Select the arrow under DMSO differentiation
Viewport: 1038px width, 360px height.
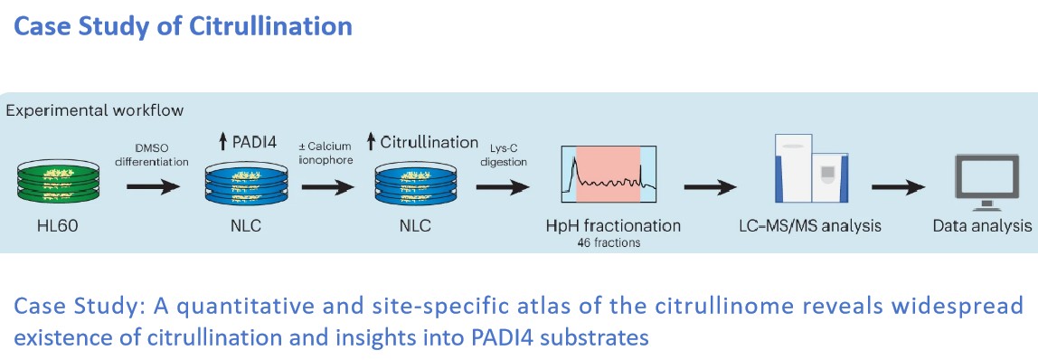pyautogui.click(x=153, y=187)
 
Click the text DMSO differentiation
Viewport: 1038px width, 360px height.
pyautogui.click(x=153, y=154)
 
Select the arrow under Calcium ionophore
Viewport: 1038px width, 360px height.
pyautogui.click(x=327, y=187)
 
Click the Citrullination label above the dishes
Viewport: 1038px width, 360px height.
pyautogui.click(x=422, y=142)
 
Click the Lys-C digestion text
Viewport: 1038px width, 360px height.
pyautogui.click(x=505, y=154)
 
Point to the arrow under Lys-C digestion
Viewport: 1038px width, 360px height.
pyautogui.click(x=503, y=187)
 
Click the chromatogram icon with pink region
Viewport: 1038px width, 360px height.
pyautogui.click(x=609, y=174)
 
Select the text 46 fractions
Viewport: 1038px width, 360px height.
pyautogui.click(x=609, y=243)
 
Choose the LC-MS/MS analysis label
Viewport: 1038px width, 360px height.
pyautogui.click(x=809, y=225)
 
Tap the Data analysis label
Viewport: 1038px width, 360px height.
pyautogui.click(x=982, y=225)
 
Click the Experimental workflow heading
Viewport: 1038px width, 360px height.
pyautogui.click(x=95, y=110)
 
